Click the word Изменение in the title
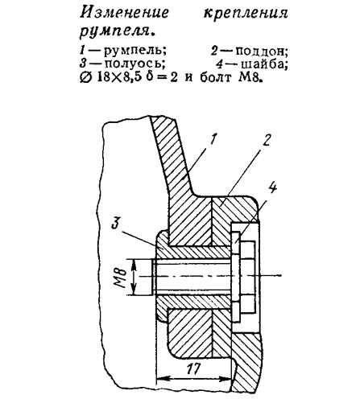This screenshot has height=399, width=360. pos(124,13)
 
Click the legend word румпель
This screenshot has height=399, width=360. pos(134,51)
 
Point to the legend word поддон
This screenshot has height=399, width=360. pos(261,51)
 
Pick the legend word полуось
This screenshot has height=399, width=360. pos(134,64)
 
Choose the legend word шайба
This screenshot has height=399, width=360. pos(264,64)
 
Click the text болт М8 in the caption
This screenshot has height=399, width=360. pos(230,78)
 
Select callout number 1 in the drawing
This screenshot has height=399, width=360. pos(213,139)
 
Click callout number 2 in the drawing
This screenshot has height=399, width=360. pos(266,139)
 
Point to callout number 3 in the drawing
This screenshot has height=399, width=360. pos(117,224)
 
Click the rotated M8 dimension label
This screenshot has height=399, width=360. pos(121,277)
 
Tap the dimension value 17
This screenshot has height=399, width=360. pos(192,369)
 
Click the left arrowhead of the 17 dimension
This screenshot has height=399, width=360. pos(161,379)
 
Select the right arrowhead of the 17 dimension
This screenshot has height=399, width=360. pos(226,379)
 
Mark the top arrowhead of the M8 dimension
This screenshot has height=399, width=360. pos(134,265)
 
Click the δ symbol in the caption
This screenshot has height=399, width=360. pos(151,77)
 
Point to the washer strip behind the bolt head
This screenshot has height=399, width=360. pos(236,277)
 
